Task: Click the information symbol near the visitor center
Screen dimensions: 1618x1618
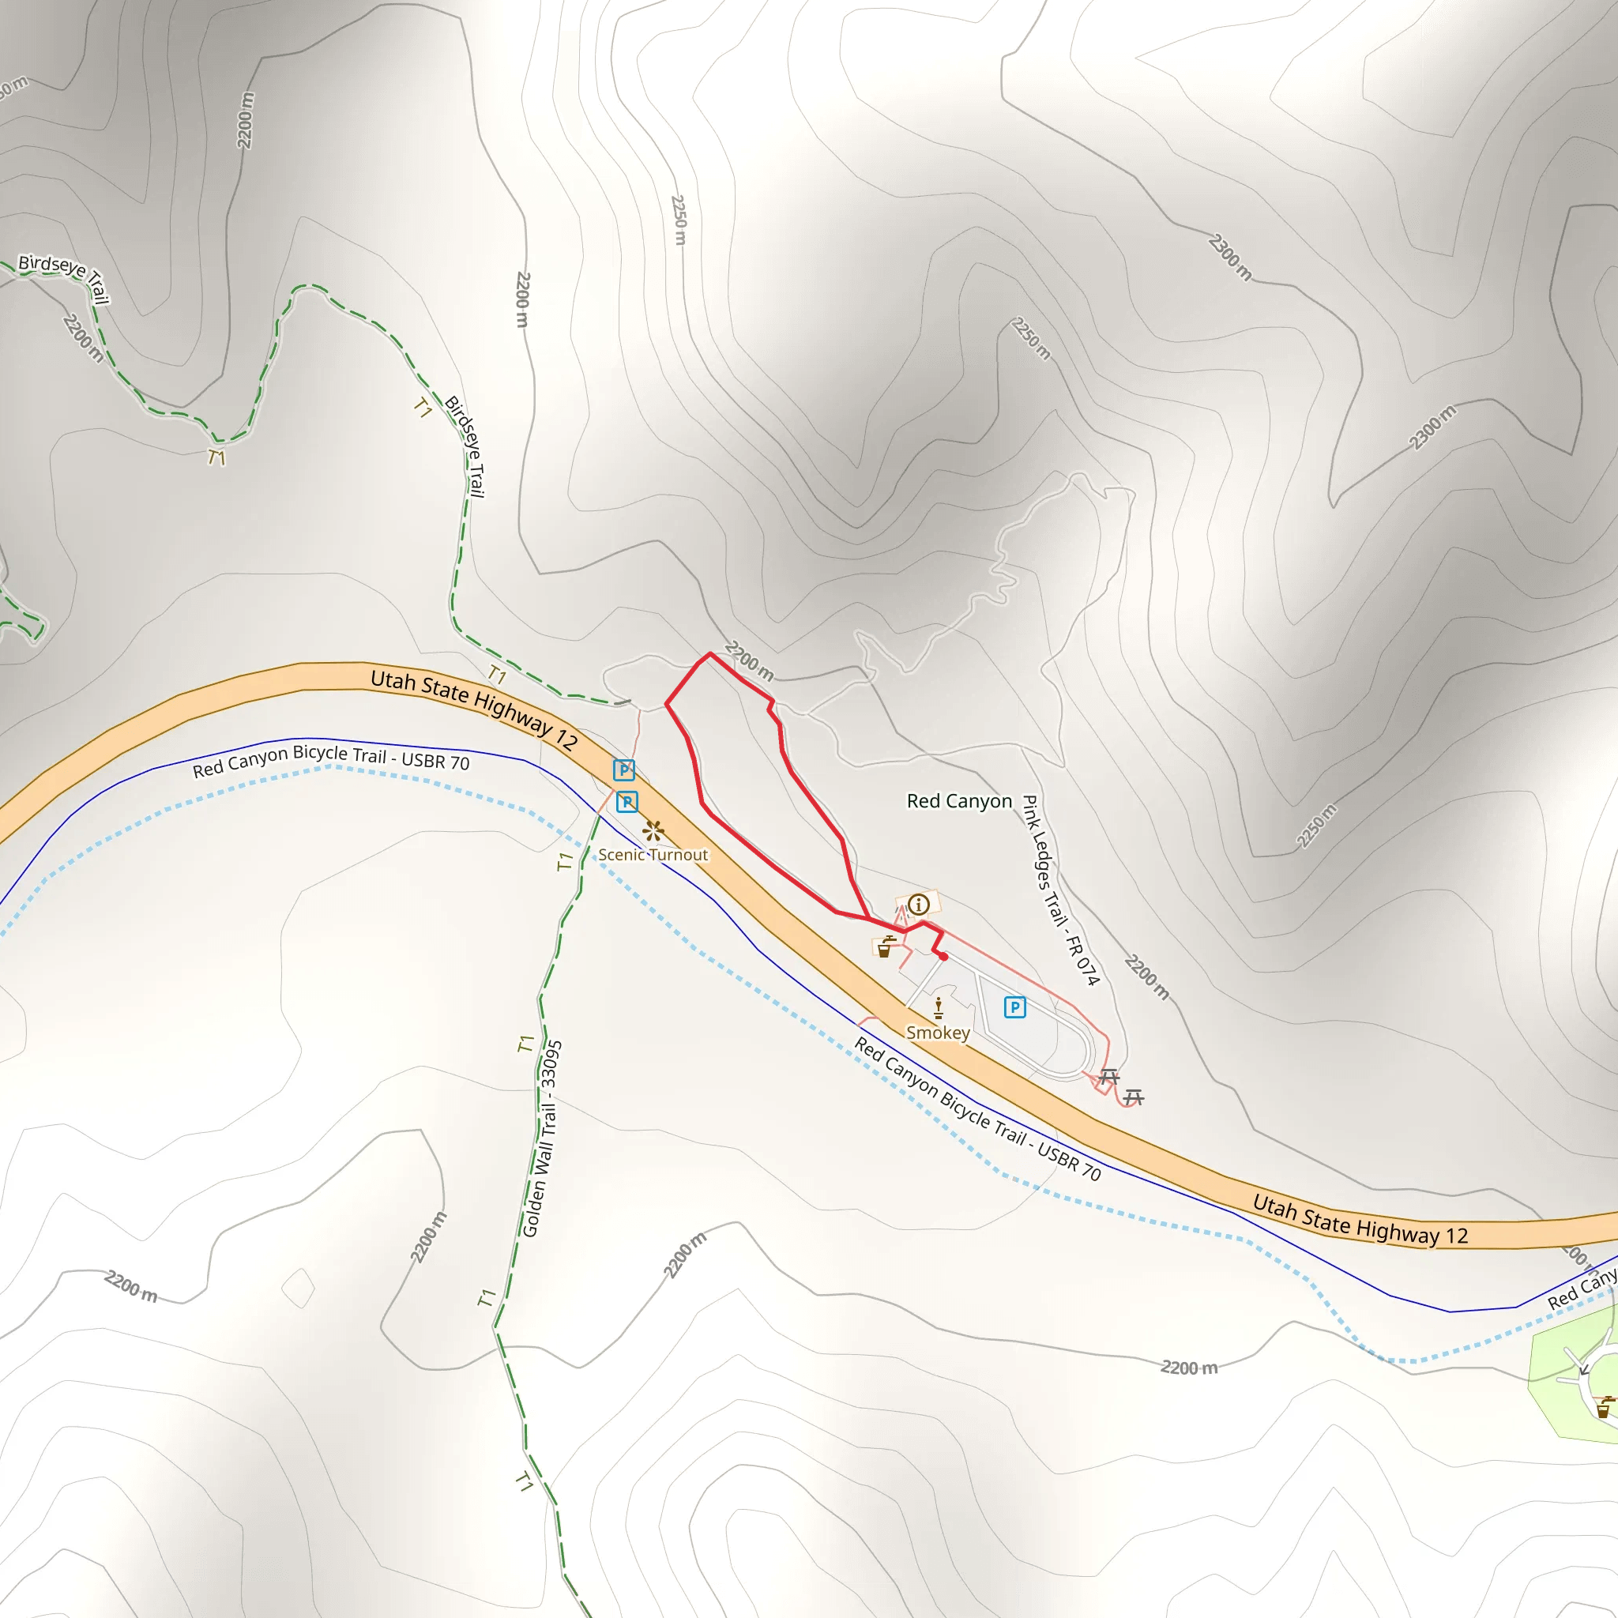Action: point(919,905)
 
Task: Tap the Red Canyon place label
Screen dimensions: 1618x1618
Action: point(959,801)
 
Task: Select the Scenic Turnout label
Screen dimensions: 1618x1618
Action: point(653,855)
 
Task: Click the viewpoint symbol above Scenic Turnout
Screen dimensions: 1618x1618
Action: point(653,831)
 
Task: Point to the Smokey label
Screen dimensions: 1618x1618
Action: point(938,1033)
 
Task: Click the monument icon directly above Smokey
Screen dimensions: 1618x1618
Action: point(939,1007)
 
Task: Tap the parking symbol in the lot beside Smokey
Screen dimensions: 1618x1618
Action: point(1014,1007)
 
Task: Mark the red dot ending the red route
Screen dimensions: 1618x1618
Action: point(943,957)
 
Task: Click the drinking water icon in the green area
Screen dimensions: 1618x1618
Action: point(1603,1409)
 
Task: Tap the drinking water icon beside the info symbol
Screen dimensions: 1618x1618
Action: point(884,947)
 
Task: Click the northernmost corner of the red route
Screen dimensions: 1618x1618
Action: point(709,653)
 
